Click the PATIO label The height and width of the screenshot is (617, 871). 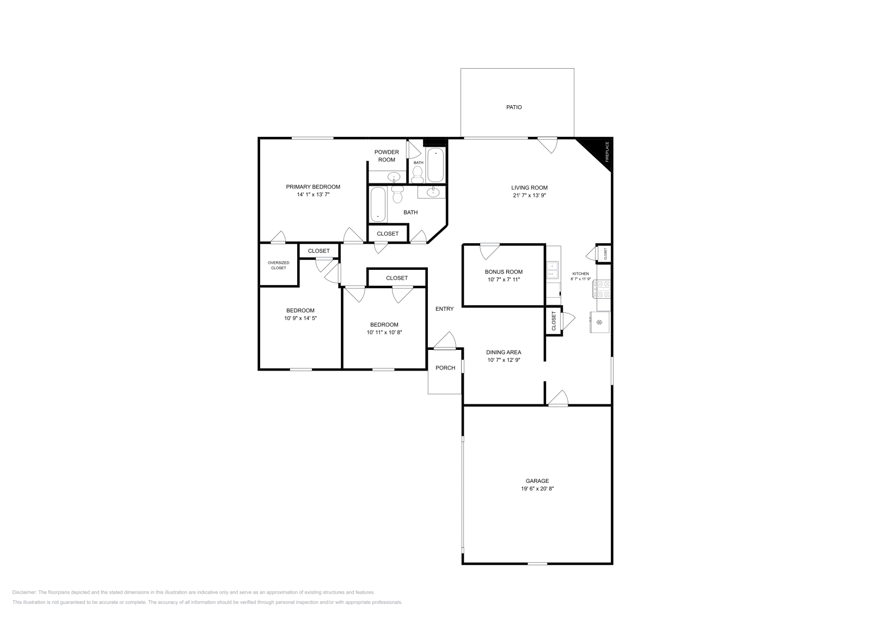[514, 107]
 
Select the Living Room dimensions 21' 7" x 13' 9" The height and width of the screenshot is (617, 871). [529, 195]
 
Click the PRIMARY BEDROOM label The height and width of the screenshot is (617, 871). [313, 187]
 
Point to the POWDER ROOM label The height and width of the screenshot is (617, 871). [387, 156]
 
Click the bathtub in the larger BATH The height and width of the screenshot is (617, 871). [378, 204]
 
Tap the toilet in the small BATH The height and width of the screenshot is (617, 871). [418, 174]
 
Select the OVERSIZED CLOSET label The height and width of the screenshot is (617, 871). [278, 265]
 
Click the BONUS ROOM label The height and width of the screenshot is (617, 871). [504, 272]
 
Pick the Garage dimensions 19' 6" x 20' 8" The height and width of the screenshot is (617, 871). [537, 489]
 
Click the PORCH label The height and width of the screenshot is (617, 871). [445, 368]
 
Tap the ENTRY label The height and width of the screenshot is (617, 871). [444, 309]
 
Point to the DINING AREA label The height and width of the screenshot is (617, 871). [504, 353]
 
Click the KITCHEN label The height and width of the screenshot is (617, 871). [580, 274]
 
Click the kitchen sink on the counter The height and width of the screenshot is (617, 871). [552, 270]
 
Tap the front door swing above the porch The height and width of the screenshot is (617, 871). [445, 341]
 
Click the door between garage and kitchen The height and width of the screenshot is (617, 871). [558, 398]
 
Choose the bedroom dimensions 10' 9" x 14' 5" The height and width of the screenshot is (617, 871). [300, 318]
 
